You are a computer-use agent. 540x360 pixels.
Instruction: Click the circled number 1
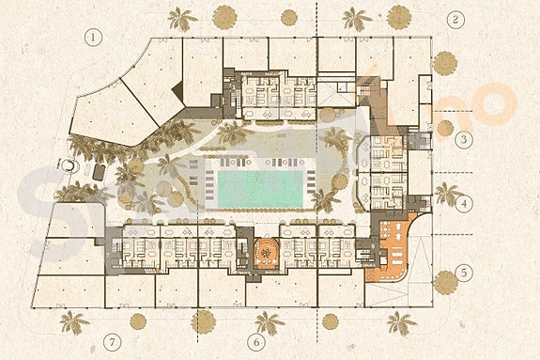tap(92, 39)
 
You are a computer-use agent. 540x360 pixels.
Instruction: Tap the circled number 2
tap(456, 20)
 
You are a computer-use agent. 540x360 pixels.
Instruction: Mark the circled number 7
tap(114, 340)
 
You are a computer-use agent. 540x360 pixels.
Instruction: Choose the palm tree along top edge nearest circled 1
tap(180, 19)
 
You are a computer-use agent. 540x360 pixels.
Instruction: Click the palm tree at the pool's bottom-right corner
tap(324, 200)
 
